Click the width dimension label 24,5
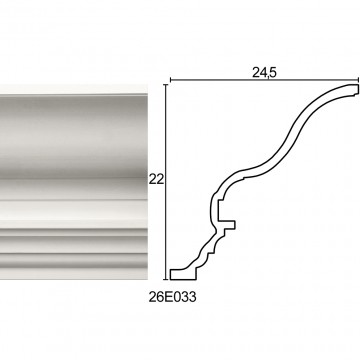coord(264,73)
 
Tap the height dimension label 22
coord(156,180)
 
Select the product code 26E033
coord(172,297)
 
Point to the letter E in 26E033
coord(166,297)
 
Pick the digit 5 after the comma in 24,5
coord(273,73)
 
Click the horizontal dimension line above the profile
coord(264,80)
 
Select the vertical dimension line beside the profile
coord(166,182)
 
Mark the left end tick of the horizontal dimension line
coord(170,80)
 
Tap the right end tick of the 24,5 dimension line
coord(358,80)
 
